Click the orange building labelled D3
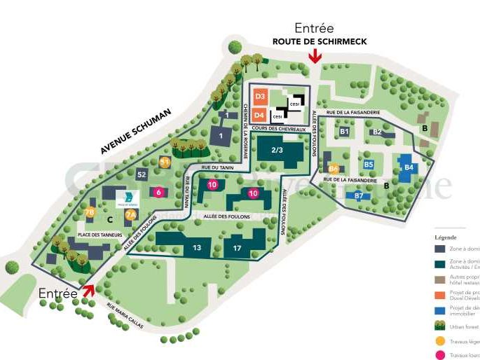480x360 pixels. click(259, 96)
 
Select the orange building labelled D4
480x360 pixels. click(259, 113)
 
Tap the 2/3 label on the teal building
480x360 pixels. click(277, 150)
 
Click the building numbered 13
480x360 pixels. click(198, 247)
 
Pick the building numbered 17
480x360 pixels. click(238, 247)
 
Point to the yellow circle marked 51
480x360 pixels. click(165, 162)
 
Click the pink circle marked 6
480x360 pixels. click(159, 192)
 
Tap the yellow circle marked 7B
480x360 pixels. click(89, 213)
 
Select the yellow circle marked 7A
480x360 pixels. click(130, 215)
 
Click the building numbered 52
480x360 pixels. click(142, 174)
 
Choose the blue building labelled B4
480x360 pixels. click(409, 167)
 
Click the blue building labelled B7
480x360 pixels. click(359, 196)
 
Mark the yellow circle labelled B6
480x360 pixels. click(334, 169)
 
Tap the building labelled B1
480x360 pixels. click(344, 131)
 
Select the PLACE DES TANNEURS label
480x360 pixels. click(100, 235)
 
